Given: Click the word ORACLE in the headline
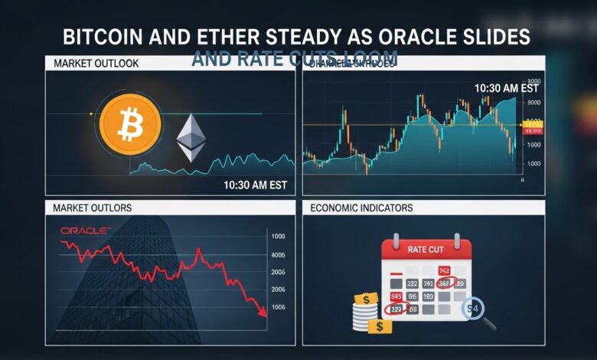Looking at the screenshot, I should pyautogui.click(x=422, y=37).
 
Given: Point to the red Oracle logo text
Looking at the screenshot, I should pyautogui.click(x=85, y=230).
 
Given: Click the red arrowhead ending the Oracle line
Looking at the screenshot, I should pyautogui.click(x=263, y=310).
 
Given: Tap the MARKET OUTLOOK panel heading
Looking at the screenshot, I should pyautogui.click(x=96, y=64).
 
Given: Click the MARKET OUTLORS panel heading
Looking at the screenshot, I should pyautogui.click(x=92, y=208).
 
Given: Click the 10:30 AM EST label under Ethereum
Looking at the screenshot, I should pyautogui.click(x=254, y=185).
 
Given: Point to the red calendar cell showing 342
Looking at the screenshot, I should pyautogui.click(x=444, y=270).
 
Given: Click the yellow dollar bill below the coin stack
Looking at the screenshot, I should pyautogui.click(x=379, y=327).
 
